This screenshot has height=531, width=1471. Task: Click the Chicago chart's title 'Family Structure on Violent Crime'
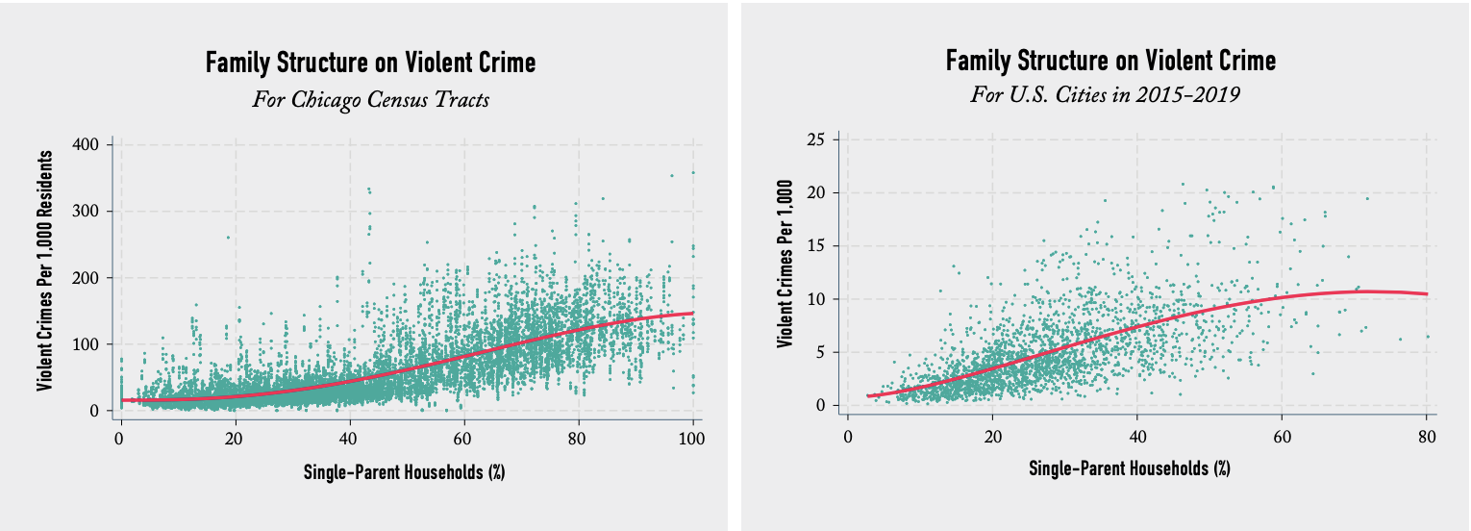coord(370,63)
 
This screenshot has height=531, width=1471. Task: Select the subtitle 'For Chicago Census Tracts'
coord(370,99)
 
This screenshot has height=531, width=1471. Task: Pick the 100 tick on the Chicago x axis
coord(692,439)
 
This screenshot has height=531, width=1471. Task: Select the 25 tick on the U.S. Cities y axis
coord(820,139)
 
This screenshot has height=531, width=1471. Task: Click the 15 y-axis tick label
coord(820,245)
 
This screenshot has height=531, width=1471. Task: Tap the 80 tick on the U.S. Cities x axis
coord(1427,436)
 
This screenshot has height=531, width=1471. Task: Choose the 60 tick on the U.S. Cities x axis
coord(1282,436)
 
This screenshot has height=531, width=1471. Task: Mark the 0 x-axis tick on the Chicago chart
coord(119,439)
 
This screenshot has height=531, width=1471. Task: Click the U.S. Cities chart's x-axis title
coord(1130,468)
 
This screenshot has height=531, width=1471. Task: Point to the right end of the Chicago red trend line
coord(693,313)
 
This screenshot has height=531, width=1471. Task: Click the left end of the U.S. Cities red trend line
coord(867,395)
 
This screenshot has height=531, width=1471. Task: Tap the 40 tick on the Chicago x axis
coord(349,439)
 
